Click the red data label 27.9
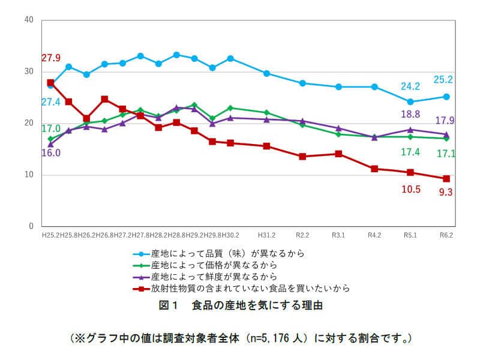coord(50,58)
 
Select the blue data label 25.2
coord(443,79)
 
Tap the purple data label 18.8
coord(410,114)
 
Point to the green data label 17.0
coord(50,128)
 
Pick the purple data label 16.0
coord(50,153)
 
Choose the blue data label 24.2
coord(410,86)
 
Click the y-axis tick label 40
coord(28,20)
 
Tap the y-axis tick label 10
coord(28,175)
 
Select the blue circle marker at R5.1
coord(410,102)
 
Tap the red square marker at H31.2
coord(266,146)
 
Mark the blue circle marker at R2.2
coord(302,83)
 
